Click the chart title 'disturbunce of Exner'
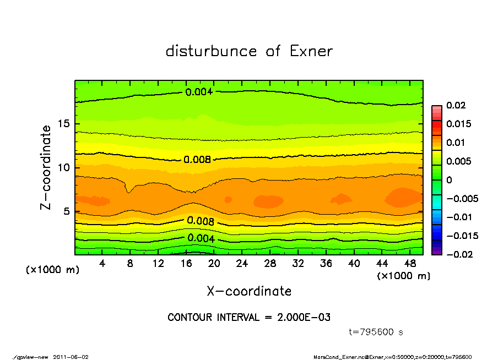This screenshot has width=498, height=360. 249,51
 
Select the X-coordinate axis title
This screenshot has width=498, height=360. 249,291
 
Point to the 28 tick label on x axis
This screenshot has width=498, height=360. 270,264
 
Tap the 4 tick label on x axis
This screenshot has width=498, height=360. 102,264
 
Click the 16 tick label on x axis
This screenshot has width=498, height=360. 186,264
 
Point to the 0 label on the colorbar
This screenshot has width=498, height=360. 449,179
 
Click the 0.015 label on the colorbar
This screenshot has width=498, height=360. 459,124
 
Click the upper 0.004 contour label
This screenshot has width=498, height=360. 199,92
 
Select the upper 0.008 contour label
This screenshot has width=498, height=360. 197,160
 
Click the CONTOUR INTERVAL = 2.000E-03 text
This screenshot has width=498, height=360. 249,318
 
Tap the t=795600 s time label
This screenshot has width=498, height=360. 376,332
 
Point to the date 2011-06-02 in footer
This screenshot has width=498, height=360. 71,357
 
